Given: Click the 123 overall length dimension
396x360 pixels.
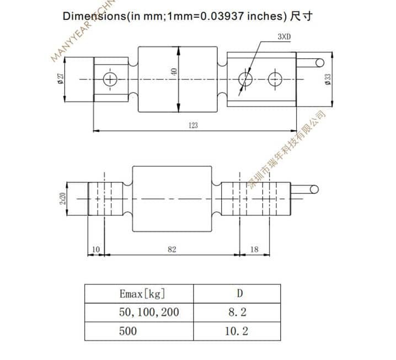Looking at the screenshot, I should pyautogui.click(x=193, y=125).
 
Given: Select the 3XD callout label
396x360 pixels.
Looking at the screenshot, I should pyautogui.click(x=284, y=37).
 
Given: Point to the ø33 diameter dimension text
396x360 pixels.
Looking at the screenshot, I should pyautogui.click(x=328, y=79).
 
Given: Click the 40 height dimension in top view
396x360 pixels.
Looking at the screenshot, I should pyautogui.click(x=174, y=72).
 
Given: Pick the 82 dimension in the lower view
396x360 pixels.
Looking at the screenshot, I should pyautogui.click(x=172, y=250).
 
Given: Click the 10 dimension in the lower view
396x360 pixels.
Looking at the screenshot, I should pyautogui.click(x=96, y=250).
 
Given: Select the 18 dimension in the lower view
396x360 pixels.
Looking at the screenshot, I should pyautogui.click(x=254, y=250).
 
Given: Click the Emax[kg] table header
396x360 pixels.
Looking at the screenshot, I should pyautogui.click(x=142, y=293).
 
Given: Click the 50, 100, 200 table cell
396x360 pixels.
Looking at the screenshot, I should pyautogui.click(x=149, y=312).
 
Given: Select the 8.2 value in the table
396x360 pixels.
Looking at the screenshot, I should pyautogui.click(x=237, y=312).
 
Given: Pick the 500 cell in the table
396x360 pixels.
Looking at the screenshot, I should pyautogui.click(x=128, y=331).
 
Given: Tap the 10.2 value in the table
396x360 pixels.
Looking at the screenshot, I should pyautogui.click(x=237, y=331).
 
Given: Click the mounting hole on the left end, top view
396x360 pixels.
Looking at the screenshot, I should pyautogui.click(x=111, y=79).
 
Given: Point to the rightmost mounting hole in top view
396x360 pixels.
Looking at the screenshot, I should pyautogui.click(x=275, y=79).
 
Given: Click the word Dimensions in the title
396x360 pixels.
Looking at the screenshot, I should pyautogui.click(x=94, y=15).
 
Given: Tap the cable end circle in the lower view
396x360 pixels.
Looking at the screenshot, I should pyautogui.click(x=314, y=190).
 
